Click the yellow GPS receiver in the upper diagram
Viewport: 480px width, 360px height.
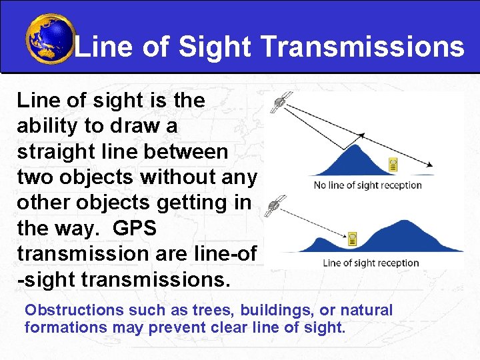[393, 164]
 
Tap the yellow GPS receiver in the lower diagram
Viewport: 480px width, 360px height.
[353, 238]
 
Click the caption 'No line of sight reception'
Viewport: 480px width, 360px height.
[368, 185]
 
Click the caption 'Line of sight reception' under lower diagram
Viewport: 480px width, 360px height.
[371, 263]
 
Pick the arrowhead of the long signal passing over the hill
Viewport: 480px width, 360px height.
[431, 165]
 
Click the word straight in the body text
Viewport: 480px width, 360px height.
[59, 151]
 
